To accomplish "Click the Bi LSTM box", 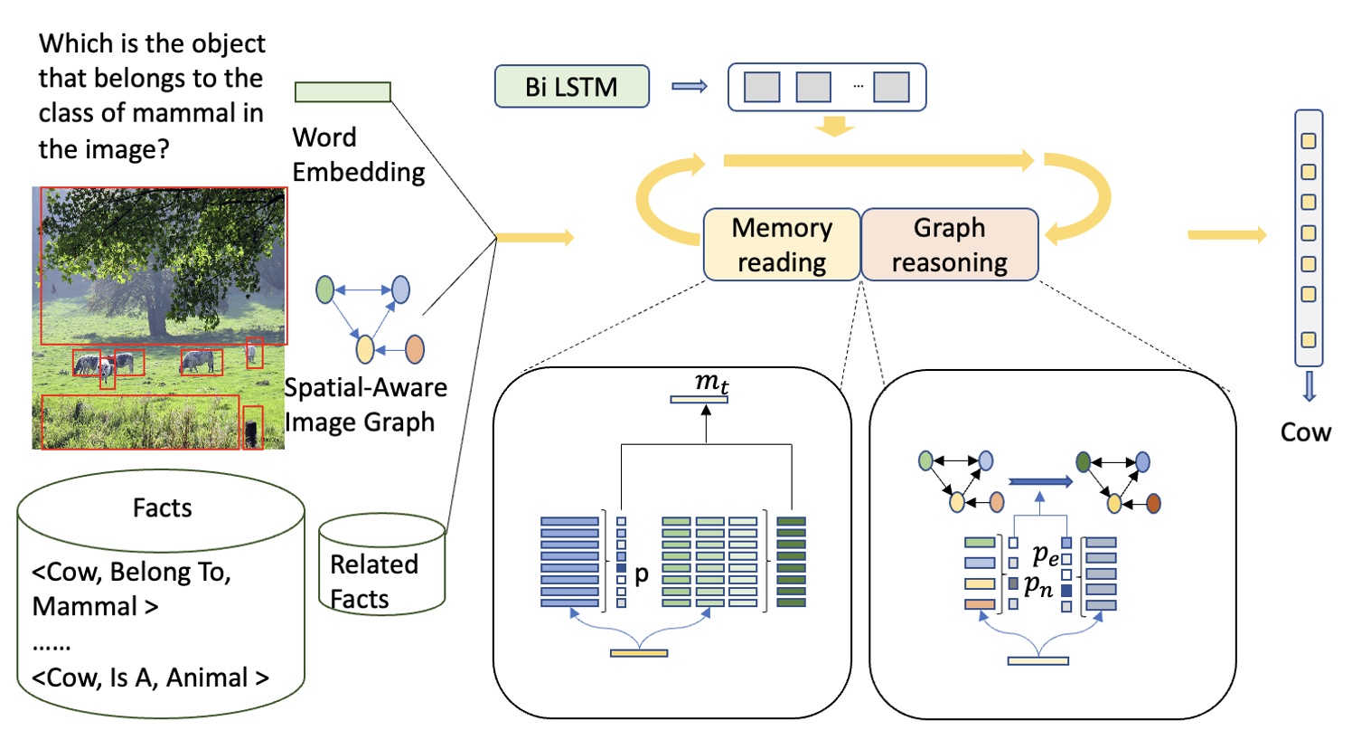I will tap(571, 87).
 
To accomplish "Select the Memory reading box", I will tap(782, 244).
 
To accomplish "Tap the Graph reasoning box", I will tap(949, 244).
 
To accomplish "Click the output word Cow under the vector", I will tap(1305, 431).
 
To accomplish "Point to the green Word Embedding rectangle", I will tap(343, 91).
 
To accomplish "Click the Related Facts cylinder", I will tap(381, 565).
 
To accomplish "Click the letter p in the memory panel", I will tap(641, 574).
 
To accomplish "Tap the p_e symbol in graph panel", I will tap(1046, 553).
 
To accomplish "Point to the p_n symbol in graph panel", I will tap(1037, 587).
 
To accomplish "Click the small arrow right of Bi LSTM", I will tap(689, 87).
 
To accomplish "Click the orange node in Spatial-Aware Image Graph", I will tap(415, 348).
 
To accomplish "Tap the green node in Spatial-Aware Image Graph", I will tap(324, 289).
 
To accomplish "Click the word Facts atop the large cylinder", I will tap(162, 507).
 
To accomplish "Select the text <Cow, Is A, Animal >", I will tap(150, 678).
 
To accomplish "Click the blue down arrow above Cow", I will tap(1308, 385).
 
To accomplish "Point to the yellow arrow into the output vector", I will tap(1226, 235).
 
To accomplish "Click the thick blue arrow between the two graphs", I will tap(1039, 481).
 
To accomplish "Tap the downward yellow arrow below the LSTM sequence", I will tap(833, 127).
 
